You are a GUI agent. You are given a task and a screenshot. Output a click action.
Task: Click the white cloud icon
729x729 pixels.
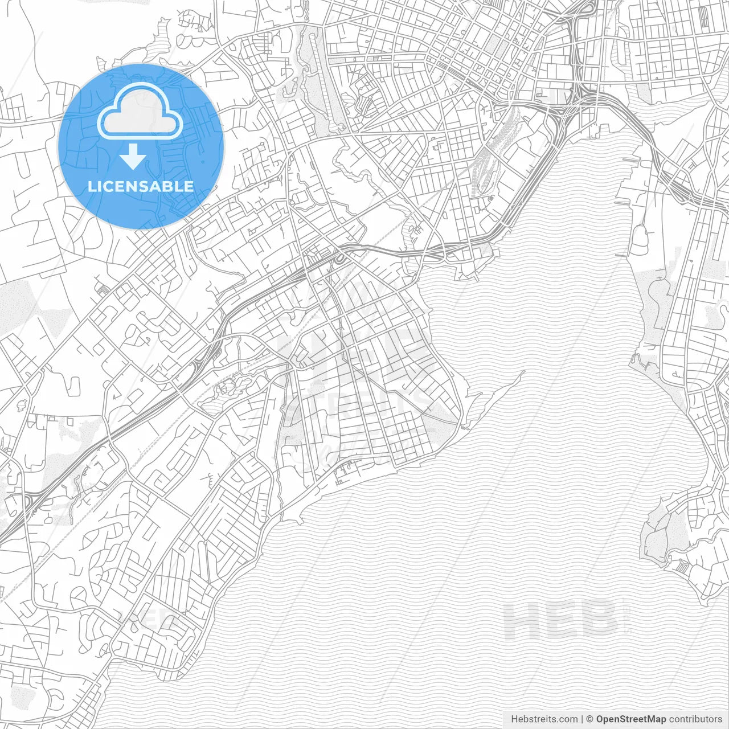140,112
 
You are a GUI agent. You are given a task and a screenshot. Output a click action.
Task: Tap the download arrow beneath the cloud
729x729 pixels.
133,157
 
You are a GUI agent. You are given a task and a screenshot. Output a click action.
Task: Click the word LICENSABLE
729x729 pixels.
140,186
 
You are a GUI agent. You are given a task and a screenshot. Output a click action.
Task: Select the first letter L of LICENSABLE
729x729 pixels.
91,186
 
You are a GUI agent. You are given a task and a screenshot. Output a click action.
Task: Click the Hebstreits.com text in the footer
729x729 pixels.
544,719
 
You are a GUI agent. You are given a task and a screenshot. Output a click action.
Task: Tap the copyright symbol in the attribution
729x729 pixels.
590,719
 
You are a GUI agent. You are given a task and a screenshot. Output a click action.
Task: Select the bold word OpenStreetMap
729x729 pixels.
631,719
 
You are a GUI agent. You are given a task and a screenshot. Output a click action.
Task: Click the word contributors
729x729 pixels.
695,719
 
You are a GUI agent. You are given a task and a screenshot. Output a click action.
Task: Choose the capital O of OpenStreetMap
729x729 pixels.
600,719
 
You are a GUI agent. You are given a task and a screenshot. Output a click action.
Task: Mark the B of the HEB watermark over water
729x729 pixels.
600,620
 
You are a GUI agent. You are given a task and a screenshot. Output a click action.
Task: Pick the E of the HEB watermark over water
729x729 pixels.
560,620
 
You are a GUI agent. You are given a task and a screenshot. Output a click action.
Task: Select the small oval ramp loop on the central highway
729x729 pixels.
340,259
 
